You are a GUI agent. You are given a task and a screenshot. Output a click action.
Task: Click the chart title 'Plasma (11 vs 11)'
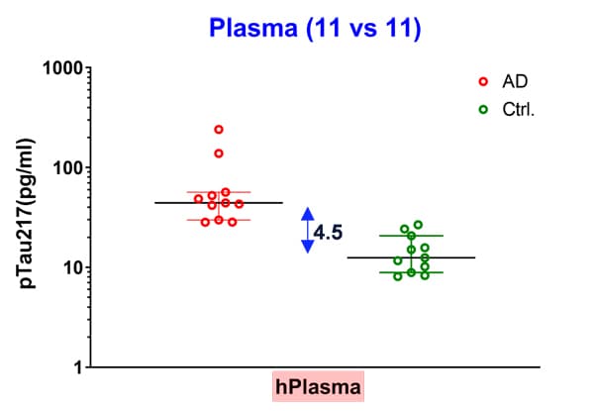(x=315, y=29)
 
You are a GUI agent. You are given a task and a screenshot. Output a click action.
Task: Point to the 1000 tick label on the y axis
(x=63, y=68)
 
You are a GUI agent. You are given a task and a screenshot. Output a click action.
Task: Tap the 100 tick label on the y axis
(x=67, y=167)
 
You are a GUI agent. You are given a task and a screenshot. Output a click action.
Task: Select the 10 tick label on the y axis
(x=72, y=268)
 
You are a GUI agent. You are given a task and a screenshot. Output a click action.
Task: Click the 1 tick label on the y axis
(x=78, y=367)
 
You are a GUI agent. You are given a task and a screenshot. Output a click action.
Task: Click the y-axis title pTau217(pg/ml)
(x=28, y=214)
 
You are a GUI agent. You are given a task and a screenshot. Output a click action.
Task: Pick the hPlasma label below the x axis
(x=318, y=387)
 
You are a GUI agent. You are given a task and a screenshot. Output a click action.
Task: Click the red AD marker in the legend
(x=483, y=81)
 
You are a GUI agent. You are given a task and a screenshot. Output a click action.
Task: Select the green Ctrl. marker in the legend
(x=483, y=110)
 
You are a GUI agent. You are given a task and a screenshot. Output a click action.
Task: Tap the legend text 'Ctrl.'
(x=518, y=110)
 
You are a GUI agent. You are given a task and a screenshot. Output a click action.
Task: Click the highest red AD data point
(x=219, y=130)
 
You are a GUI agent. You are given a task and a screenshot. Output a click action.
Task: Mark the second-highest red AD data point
(x=219, y=154)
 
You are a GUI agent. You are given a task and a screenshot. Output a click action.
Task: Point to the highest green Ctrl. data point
(x=418, y=225)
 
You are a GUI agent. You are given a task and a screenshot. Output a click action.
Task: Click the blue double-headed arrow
(x=308, y=231)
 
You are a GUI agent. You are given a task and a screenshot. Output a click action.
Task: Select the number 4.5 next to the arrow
(x=328, y=232)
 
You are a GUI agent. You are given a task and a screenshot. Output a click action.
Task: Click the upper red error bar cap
(x=219, y=192)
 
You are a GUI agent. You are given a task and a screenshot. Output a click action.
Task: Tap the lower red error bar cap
(x=219, y=220)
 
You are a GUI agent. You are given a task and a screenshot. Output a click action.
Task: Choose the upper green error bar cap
(x=412, y=236)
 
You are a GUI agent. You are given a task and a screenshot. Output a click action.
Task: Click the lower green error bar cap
(x=412, y=272)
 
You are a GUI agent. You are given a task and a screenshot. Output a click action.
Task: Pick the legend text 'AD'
(x=515, y=81)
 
